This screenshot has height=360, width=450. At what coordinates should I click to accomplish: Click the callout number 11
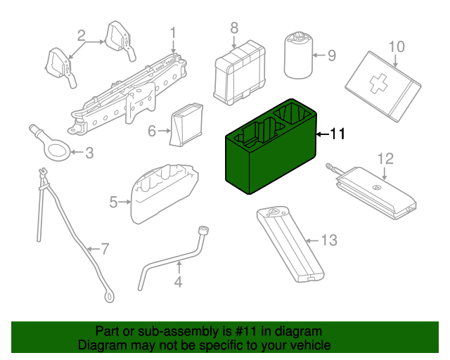click(x=337, y=134)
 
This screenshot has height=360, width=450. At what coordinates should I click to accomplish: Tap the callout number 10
click(x=397, y=46)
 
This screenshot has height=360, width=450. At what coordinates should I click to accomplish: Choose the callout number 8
click(x=234, y=27)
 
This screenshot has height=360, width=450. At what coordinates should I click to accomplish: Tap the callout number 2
click(x=82, y=35)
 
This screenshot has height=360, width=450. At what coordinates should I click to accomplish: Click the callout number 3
click(x=89, y=152)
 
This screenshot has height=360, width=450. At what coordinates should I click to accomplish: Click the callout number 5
click(x=113, y=202)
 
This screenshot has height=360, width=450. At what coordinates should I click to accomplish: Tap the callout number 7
click(x=105, y=248)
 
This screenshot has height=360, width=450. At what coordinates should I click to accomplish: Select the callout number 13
click(x=329, y=241)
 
